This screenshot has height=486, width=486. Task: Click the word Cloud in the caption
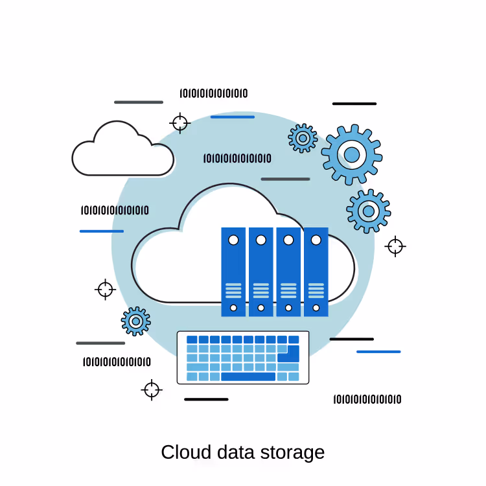pyautogui.click(x=186, y=452)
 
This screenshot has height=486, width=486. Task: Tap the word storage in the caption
pyautogui.click(x=292, y=454)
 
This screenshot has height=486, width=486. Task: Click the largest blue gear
pyautogui.click(x=352, y=154)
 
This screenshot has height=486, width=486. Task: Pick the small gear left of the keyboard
pyautogui.click(x=136, y=321)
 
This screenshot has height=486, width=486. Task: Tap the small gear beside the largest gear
pyautogui.click(x=303, y=138)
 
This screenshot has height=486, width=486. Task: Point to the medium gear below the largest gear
pyautogui.click(x=369, y=211)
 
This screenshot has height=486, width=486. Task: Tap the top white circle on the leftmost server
pyautogui.click(x=233, y=240)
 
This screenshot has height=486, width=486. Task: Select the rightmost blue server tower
pyautogui.click(x=316, y=272)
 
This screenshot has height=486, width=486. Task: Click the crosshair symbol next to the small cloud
pyautogui.click(x=180, y=123)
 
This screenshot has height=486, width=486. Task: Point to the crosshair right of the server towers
pyautogui.click(x=395, y=246)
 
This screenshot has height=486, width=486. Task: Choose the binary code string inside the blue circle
pyautogui.click(x=237, y=158)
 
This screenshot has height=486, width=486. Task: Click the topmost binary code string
pyautogui.click(x=214, y=93)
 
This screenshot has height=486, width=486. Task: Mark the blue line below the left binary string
pyautogui.click(x=102, y=231)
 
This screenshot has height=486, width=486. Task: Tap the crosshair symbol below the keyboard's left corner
pyautogui.click(x=152, y=390)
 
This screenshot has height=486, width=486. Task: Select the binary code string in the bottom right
pyautogui.click(x=367, y=399)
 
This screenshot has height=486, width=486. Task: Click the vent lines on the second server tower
pyautogui.click(x=261, y=290)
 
